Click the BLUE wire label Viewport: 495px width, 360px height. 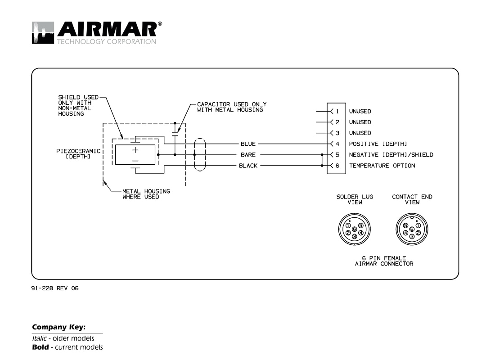[x=248, y=144]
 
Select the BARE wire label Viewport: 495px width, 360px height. [x=248, y=155]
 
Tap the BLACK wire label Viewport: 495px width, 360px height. [x=248, y=166]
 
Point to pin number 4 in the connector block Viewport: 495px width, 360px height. [x=337, y=144]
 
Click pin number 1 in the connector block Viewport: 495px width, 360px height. [x=337, y=111]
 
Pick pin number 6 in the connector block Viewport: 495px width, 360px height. [x=337, y=166]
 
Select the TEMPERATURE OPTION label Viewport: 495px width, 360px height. [x=382, y=166]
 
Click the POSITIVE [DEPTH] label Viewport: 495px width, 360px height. [x=378, y=144]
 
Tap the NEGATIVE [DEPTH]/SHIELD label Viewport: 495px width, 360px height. [x=391, y=155]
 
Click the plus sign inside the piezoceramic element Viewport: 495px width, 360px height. [x=135, y=150]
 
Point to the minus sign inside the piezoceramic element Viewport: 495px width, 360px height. [x=135, y=160]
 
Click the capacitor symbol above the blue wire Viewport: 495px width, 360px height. [x=175, y=133]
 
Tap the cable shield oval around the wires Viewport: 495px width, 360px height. [x=199, y=155]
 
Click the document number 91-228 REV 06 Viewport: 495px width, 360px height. [x=55, y=288]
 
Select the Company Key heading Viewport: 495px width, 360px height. [x=58, y=327]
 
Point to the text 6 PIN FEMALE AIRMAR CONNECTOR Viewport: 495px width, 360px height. [x=384, y=261]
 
